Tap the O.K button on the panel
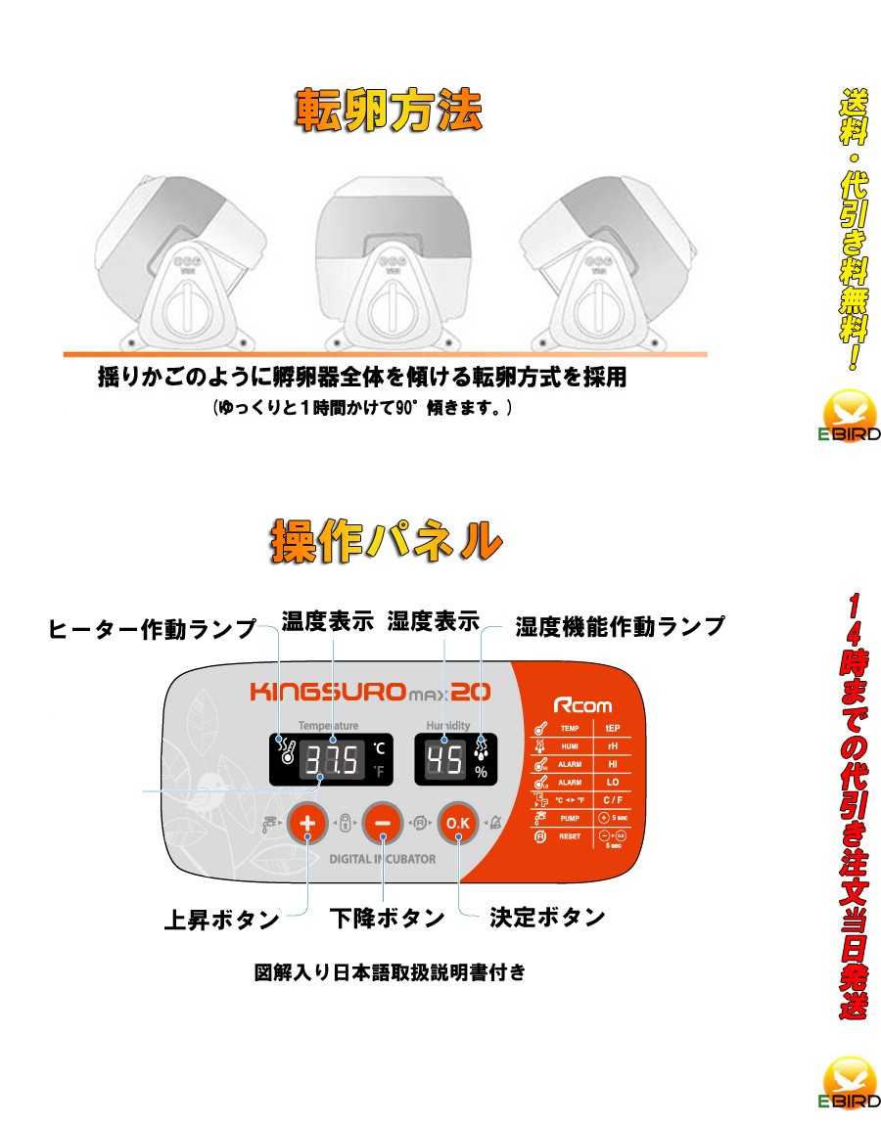click(x=458, y=824)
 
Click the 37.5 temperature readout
click(x=331, y=760)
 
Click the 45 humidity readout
click(x=445, y=759)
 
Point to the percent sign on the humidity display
click(x=481, y=772)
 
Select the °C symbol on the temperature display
click(x=379, y=749)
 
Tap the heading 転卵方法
click(x=389, y=112)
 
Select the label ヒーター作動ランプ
click(x=153, y=629)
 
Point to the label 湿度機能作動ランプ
click(x=620, y=626)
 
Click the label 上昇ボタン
click(x=221, y=920)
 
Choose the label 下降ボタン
click(x=387, y=919)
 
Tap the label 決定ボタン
click(x=547, y=918)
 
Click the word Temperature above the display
click(x=329, y=725)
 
